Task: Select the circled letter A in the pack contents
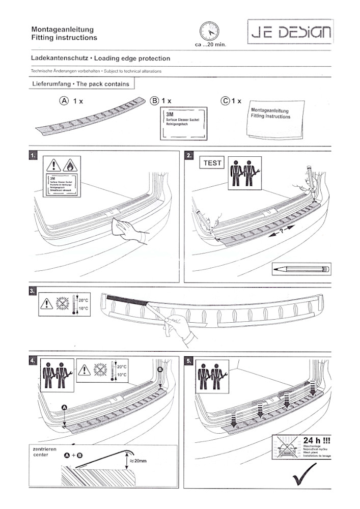coord(64,101)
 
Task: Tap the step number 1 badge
coord(34,155)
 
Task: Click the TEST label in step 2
coord(213,163)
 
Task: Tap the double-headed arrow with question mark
coord(283,231)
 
